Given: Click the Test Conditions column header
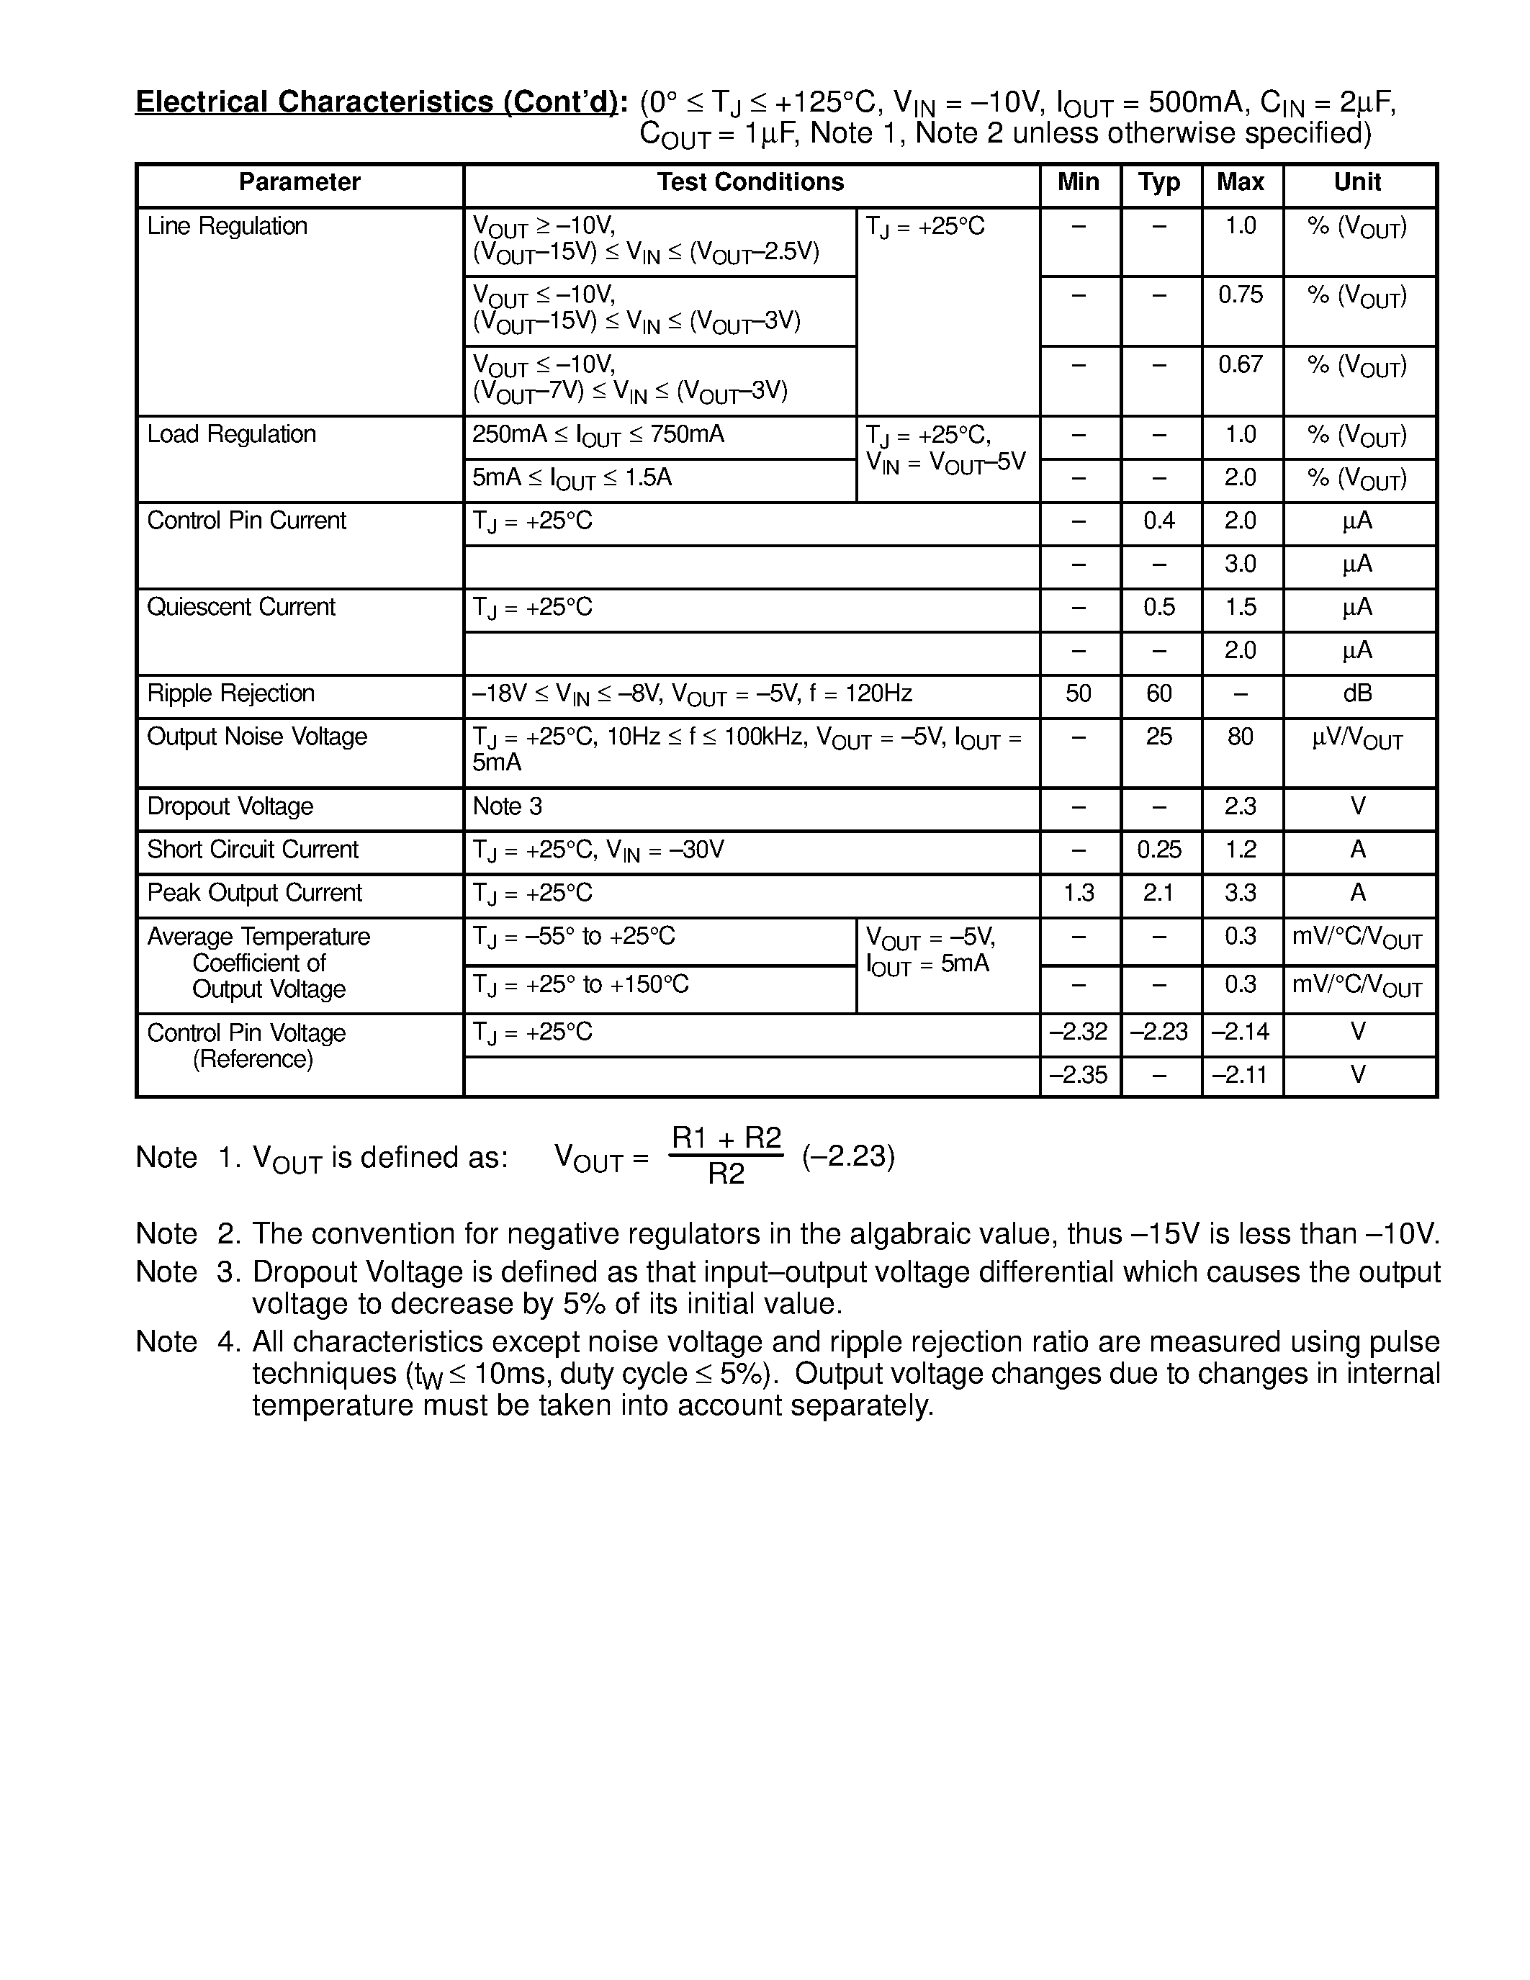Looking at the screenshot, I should point(750,182).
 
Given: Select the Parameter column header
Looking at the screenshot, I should point(299,182).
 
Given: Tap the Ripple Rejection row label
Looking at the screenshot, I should point(230,693).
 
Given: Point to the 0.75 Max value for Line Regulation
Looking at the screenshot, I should point(1240,294).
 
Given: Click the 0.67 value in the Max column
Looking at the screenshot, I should point(1240,364).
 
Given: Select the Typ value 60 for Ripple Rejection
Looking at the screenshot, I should point(1158,693).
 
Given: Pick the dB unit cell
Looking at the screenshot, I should point(1357,693).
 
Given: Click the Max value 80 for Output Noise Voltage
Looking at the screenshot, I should point(1240,737).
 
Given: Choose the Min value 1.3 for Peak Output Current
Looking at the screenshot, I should point(1078,893).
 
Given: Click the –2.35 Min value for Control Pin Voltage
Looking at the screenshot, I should point(1078,1075).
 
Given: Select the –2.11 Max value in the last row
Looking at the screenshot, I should point(1240,1075).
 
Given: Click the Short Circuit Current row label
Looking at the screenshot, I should point(252,850).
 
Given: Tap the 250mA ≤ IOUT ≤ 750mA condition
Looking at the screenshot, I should point(598,435).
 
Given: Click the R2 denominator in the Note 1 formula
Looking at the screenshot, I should point(725,1175).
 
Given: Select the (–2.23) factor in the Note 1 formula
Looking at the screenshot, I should point(847,1157).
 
